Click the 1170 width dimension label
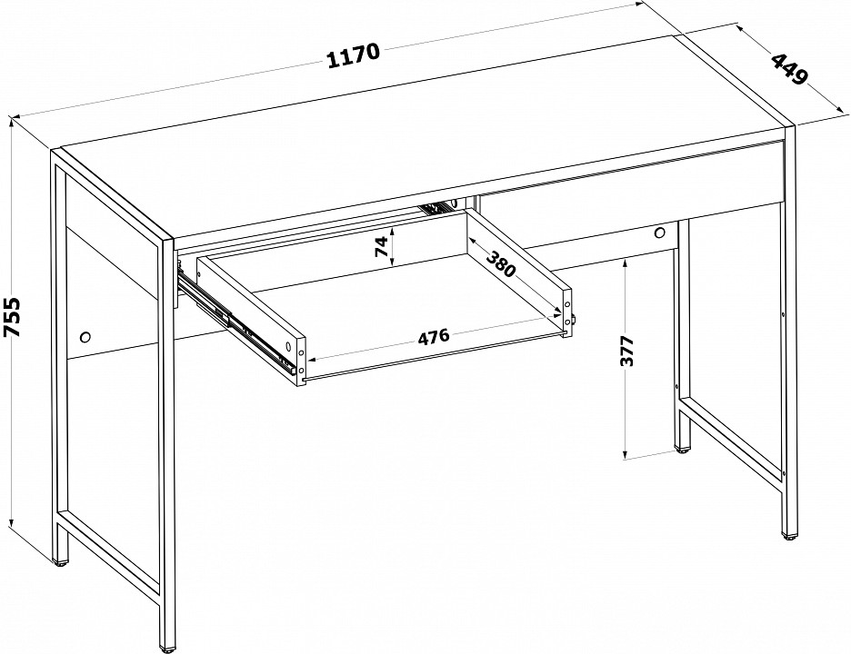pyautogui.click(x=354, y=54)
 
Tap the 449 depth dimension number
pyautogui.click(x=790, y=69)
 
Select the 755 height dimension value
pyautogui.click(x=12, y=317)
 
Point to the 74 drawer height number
pyautogui.click(x=383, y=246)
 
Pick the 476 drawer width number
pyautogui.click(x=434, y=336)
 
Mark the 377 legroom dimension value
pyautogui.click(x=626, y=352)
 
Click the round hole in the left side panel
pyautogui.click(x=85, y=337)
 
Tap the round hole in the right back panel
pyautogui.click(x=660, y=233)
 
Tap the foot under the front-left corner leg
pyautogui.click(x=167, y=649)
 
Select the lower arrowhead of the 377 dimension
pyautogui.click(x=626, y=453)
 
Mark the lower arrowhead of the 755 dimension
pyautogui.click(x=12, y=521)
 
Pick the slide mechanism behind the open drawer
pyautogui.click(x=437, y=207)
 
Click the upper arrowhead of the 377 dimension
pyautogui.click(x=626, y=264)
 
